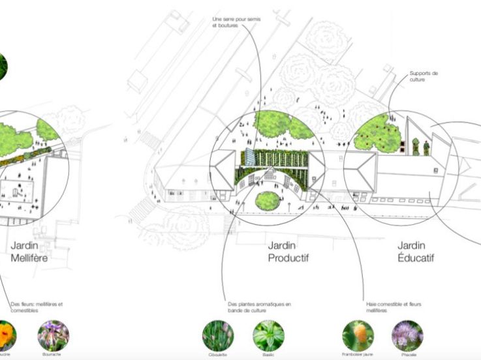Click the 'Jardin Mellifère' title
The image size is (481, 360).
(x=29, y=252)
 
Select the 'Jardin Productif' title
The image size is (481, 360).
(x=288, y=252)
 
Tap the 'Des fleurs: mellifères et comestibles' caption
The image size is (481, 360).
(x=37, y=307)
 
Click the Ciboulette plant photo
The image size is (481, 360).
(x=219, y=335)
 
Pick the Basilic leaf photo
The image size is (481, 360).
(x=268, y=335)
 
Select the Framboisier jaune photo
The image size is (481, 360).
(x=358, y=335)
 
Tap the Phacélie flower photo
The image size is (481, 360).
(x=407, y=335)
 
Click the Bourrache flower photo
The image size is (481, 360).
(x=54, y=335)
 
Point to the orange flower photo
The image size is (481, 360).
(x=5, y=335)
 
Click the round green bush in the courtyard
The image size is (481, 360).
(x=268, y=200)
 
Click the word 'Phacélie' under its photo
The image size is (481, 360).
(x=407, y=355)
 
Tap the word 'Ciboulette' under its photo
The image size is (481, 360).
(x=219, y=355)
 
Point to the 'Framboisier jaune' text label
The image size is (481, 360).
(x=358, y=355)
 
